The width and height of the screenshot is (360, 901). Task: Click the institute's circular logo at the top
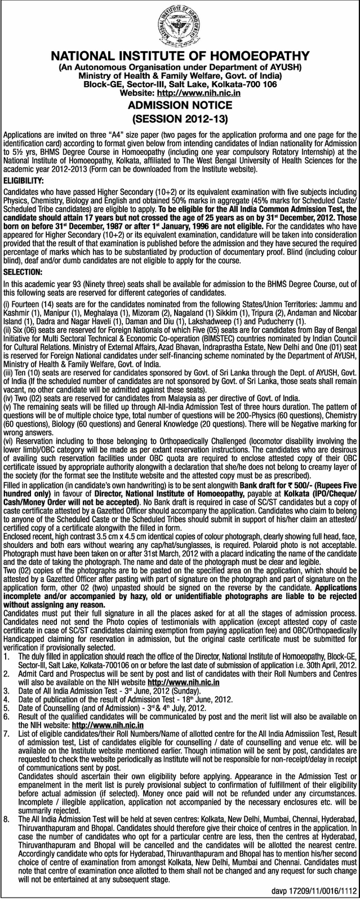pyautogui.click(x=180, y=25)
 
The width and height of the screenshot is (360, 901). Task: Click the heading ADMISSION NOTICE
pyautogui.click(x=180, y=105)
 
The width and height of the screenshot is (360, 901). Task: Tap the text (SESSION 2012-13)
pyautogui.click(x=180, y=119)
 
